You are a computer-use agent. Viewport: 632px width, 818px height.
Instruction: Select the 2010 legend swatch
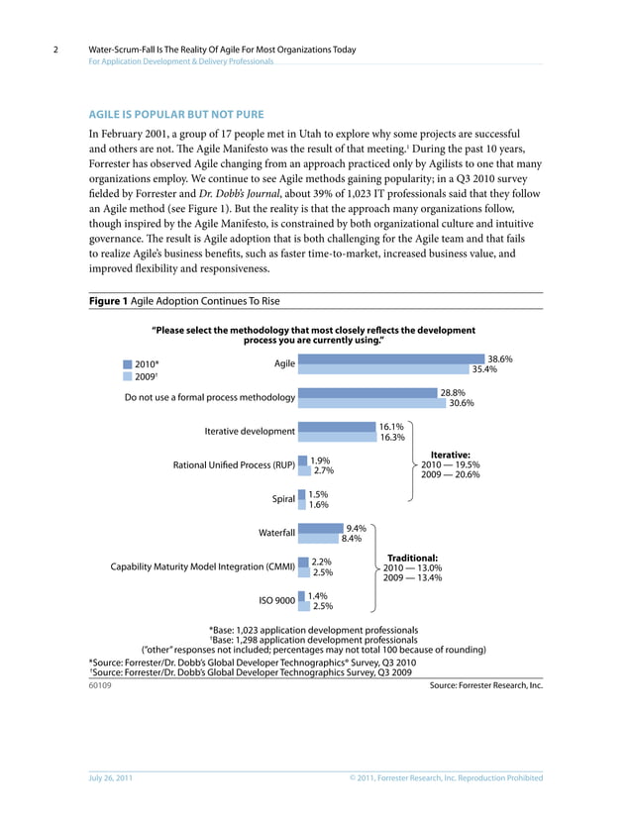click(x=127, y=363)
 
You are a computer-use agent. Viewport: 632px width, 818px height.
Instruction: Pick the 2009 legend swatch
click(x=127, y=376)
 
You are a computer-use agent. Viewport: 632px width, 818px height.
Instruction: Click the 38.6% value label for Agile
click(x=500, y=359)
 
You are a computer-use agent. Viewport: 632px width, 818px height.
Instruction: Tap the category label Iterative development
click(x=249, y=431)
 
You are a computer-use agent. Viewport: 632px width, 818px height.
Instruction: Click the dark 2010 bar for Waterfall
click(x=320, y=528)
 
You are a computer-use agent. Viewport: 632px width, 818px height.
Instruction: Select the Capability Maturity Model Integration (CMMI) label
click(x=202, y=566)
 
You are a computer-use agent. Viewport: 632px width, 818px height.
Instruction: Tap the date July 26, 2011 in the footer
click(x=109, y=778)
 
